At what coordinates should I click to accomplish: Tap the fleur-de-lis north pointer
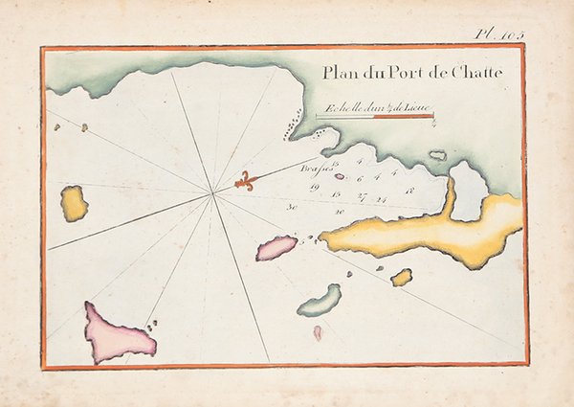pos(247,181)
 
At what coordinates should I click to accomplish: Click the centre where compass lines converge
pos(211,194)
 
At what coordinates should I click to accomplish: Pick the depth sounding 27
pos(361,195)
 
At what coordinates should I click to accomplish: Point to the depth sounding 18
pos(408,192)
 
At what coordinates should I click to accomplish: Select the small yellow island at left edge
pos(74,204)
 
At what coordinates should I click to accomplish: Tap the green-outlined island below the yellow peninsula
pos(319,300)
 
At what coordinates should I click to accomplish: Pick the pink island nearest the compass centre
pos(276,248)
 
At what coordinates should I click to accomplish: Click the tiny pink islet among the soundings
pos(339,175)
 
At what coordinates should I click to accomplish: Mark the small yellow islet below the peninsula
pos(401,277)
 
